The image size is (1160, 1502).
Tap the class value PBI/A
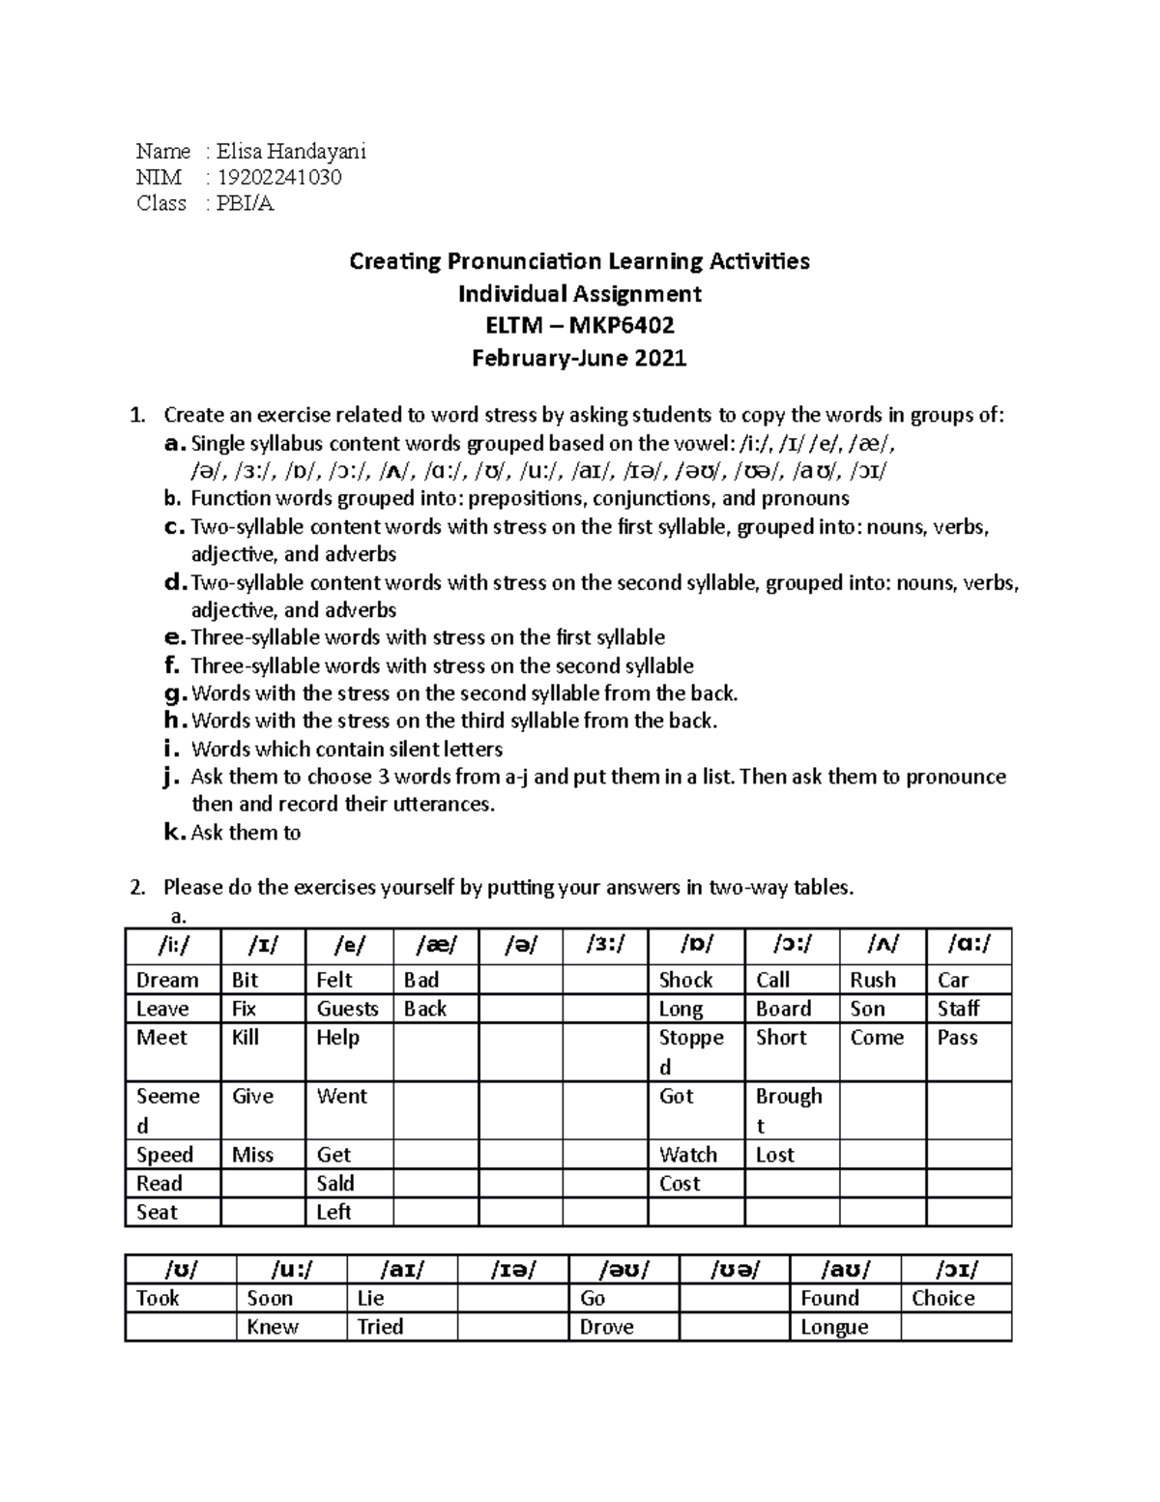(246, 203)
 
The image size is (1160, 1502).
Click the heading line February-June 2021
(579, 359)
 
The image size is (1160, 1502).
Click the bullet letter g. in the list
(174, 693)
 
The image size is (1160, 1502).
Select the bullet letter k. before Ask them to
(174, 833)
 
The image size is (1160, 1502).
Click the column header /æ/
(435, 945)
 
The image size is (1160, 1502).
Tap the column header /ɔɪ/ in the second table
(955, 1269)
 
